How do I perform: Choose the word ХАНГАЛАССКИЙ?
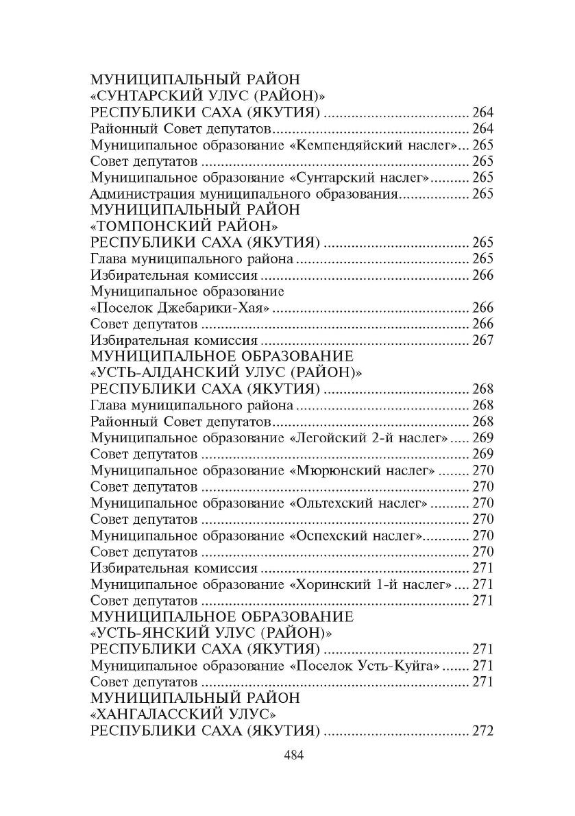pyautogui.click(x=163, y=714)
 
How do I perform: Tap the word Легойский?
pyautogui.click(x=330, y=437)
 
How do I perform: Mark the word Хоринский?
pyautogui.click(x=328, y=584)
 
